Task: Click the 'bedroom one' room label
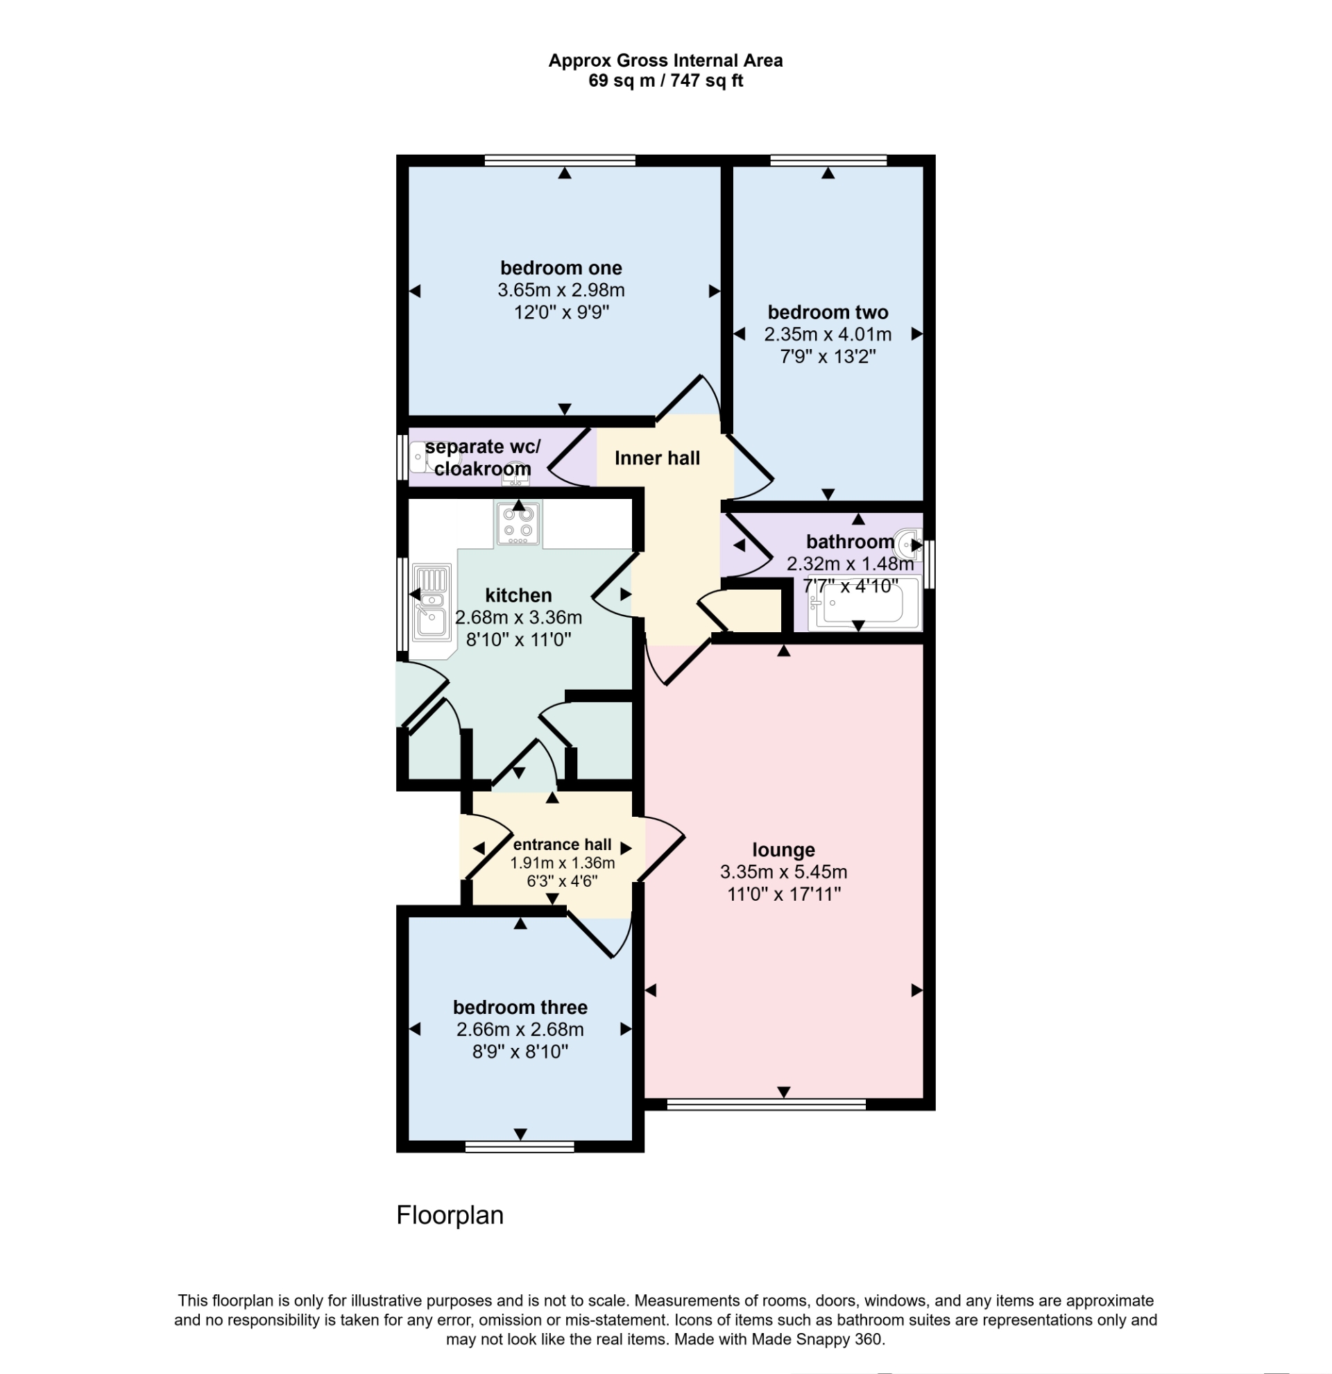pyautogui.click(x=561, y=268)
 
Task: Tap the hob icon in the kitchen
pyautogui.click(x=518, y=523)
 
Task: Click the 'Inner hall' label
pyautogui.click(x=656, y=459)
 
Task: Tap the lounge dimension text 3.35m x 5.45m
pyautogui.click(x=783, y=872)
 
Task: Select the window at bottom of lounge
pyautogui.click(x=766, y=1105)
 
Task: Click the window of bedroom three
pyautogui.click(x=519, y=1147)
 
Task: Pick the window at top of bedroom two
pyautogui.click(x=828, y=160)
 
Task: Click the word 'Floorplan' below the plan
pyautogui.click(x=450, y=1215)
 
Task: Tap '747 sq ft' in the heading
pyautogui.click(x=706, y=80)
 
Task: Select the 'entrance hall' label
pyautogui.click(x=562, y=845)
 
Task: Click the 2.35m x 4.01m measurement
pyautogui.click(x=828, y=334)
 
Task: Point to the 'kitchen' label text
pyautogui.click(x=518, y=595)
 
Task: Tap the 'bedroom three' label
pyautogui.click(x=520, y=1008)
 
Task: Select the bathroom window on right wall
pyautogui.click(x=930, y=563)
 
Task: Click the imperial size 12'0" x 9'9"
pyautogui.click(x=561, y=312)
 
